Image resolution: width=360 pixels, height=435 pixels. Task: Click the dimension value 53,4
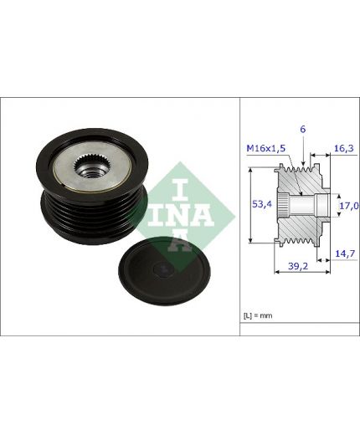pyautogui.click(x=261, y=204)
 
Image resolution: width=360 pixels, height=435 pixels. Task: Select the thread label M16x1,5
pyautogui.click(x=266, y=148)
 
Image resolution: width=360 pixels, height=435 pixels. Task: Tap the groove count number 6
pyautogui.click(x=303, y=129)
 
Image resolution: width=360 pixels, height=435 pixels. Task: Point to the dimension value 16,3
pyautogui.click(x=344, y=148)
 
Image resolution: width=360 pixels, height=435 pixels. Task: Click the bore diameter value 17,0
pyautogui.click(x=349, y=206)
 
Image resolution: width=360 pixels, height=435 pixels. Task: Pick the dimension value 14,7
pyautogui.click(x=345, y=253)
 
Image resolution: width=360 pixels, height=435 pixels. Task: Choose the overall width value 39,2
pyautogui.click(x=298, y=266)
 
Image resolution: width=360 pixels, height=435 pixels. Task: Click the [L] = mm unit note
pyautogui.click(x=258, y=315)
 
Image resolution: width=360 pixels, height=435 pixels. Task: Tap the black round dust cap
pyautogui.click(x=165, y=270)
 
